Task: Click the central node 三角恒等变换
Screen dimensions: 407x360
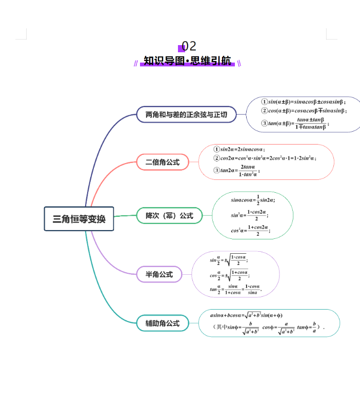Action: point(79,219)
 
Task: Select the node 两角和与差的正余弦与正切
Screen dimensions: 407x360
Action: point(186,114)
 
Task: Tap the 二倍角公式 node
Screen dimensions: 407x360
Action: point(163,162)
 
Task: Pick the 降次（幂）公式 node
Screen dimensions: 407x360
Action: point(169,216)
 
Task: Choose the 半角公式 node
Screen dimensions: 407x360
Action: point(159,274)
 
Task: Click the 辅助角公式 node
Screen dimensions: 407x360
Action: point(163,323)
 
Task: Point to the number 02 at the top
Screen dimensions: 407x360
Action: point(189,47)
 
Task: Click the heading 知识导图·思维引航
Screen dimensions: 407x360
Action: point(188,61)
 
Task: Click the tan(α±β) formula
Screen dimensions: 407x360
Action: point(295,123)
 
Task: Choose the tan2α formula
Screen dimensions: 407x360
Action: point(237,170)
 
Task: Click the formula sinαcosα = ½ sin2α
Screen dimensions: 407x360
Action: point(253,200)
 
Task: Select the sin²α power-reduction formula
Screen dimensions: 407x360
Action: point(249,215)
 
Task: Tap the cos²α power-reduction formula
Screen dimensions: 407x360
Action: point(250,231)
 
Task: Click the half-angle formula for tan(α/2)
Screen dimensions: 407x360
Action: point(235,290)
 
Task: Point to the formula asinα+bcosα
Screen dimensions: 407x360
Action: point(246,315)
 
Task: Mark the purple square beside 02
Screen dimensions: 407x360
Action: point(181,48)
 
